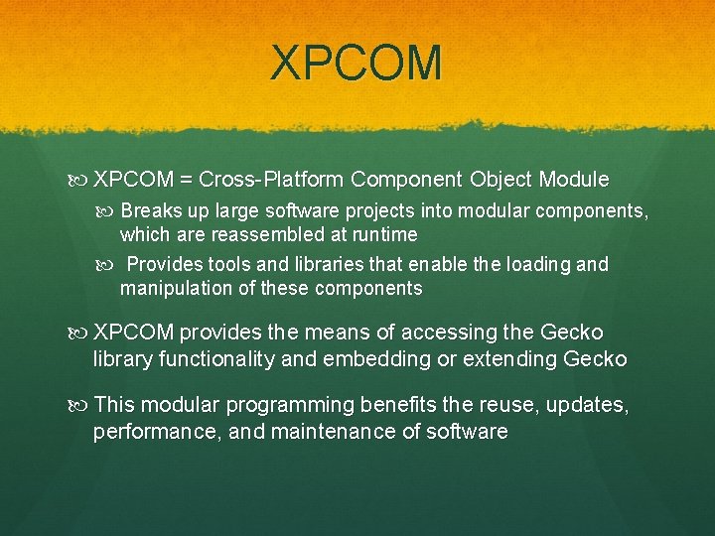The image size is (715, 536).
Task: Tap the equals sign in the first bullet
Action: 187,180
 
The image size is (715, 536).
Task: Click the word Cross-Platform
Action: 270,180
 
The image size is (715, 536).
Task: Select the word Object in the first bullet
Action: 500,180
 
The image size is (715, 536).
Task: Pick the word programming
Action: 292,406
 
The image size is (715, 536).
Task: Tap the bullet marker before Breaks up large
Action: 108,210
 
